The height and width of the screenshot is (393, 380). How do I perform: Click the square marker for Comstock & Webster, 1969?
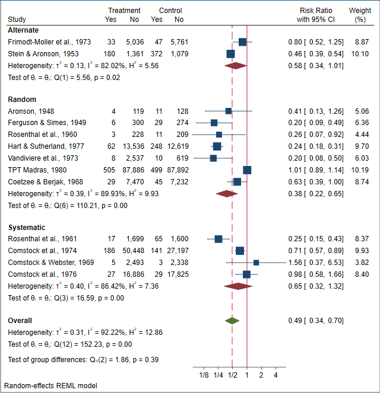click(256, 263)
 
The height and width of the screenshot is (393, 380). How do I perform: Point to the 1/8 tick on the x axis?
click(203, 375)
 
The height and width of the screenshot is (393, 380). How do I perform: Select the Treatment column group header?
click(125, 11)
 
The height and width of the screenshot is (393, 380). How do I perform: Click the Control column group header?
click(170, 11)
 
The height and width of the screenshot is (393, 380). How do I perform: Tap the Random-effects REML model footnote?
click(50, 386)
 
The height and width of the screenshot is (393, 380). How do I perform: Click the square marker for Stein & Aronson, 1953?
click(230, 54)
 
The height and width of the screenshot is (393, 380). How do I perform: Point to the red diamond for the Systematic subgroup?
click(239, 286)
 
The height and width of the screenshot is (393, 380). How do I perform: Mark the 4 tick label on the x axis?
click(275, 375)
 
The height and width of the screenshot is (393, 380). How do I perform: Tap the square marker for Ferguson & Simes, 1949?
click(214, 123)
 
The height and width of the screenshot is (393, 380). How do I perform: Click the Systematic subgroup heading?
click(26, 227)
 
